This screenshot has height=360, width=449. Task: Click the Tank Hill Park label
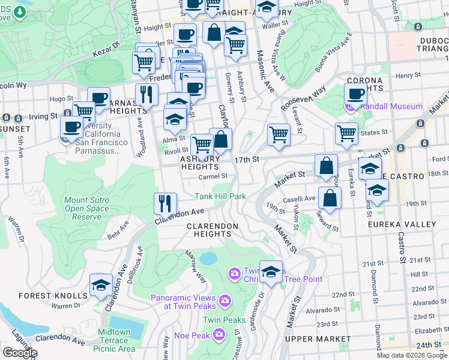pyautogui.click(x=220, y=196)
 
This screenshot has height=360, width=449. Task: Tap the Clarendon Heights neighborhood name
pyautogui.click(x=212, y=230)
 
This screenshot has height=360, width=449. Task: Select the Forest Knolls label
pyautogui.click(x=53, y=296)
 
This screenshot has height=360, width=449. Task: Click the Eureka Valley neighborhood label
pyautogui.click(x=402, y=224)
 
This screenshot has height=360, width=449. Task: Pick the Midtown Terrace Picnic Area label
pyautogui.click(x=114, y=340)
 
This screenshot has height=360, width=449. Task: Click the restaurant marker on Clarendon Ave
pyautogui.click(x=164, y=203)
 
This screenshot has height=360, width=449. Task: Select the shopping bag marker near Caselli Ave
pyautogui.click(x=330, y=197)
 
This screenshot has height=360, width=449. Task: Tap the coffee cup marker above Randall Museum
pyautogui.click(x=355, y=94)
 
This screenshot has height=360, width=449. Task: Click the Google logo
pyautogui.click(x=20, y=352)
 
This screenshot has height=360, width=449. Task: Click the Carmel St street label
pyautogui.click(x=214, y=176)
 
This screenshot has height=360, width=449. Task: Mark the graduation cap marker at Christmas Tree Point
pyautogui.click(x=271, y=271)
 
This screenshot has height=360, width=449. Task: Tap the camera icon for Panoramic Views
pyautogui.click(x=224, y=300)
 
